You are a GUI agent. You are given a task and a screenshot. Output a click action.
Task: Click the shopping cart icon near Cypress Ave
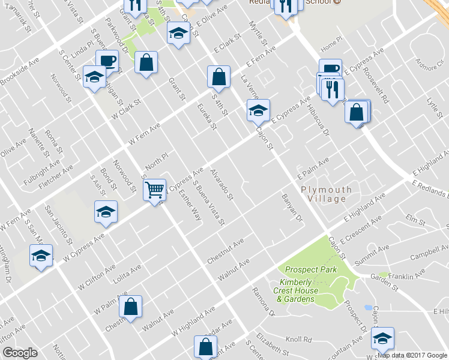(x=155, y=190)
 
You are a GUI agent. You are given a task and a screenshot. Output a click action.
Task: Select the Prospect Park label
(x=311, y=270)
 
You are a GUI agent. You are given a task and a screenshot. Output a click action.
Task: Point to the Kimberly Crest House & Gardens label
(x=306, y=290)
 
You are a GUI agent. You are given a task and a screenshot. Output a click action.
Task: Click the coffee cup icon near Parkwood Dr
(x=107, y=61)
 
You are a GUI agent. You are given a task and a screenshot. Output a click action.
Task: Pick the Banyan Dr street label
(x=292, y=206)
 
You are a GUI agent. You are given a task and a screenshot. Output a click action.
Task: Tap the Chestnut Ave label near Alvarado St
(x=225, y=251)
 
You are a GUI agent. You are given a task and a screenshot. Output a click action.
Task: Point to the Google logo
(x=20, y=353)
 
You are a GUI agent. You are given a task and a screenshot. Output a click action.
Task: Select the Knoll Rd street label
(x=298, y=340)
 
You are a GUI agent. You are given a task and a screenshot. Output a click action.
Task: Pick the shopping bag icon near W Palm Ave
(x=130, y=306)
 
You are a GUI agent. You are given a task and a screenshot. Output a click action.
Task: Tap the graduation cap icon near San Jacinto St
(x=106, y=212)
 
